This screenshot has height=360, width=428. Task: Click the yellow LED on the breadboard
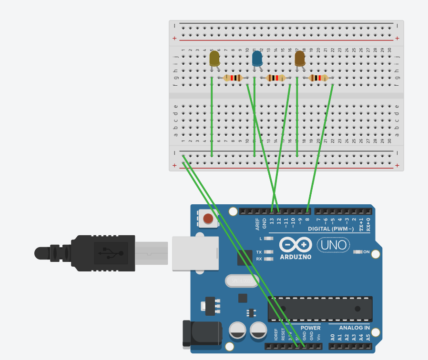pos(214,59)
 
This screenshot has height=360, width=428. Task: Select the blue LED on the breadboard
pos(257,59)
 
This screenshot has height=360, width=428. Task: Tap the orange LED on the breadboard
pos(300,59)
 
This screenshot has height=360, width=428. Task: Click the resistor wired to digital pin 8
pos(318,78)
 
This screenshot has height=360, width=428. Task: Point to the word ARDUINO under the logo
pos(296,257)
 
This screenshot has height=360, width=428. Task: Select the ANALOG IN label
pos(354,328)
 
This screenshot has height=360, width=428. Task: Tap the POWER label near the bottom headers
pos(310,328)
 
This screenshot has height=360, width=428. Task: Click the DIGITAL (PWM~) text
pos(331,229)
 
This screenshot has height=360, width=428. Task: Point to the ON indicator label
pos(367,252)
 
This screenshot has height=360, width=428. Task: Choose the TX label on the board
pos(259,252)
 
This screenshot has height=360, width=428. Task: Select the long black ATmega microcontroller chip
pos(320,309)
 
